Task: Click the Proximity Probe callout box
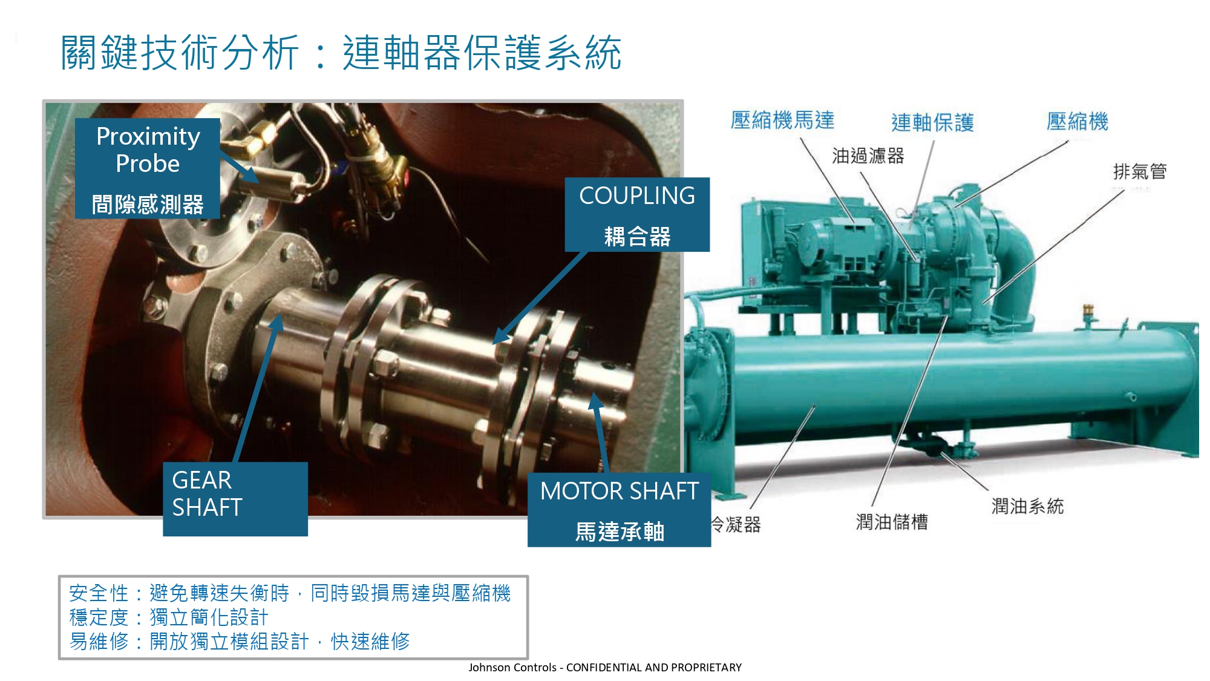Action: point(147,168)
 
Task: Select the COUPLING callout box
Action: point(637,214)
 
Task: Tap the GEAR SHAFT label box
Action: point(235,499)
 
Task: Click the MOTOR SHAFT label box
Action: point(619,510)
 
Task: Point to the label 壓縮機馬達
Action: point(782,120)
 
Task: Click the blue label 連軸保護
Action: point(932,122)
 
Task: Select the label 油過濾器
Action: point(868,156)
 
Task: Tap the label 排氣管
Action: point(1140,171)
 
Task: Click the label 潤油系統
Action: point(1027,506)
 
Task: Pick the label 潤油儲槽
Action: point(892,522)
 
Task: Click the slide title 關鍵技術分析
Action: point(180,53)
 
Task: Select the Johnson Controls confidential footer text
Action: point(605,667)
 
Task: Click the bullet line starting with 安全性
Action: point(290,593)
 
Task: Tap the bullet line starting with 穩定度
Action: point(169,617)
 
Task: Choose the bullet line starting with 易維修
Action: point(240,642)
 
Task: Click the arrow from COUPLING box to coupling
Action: point(540,297)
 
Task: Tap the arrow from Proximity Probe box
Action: point(240,166)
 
